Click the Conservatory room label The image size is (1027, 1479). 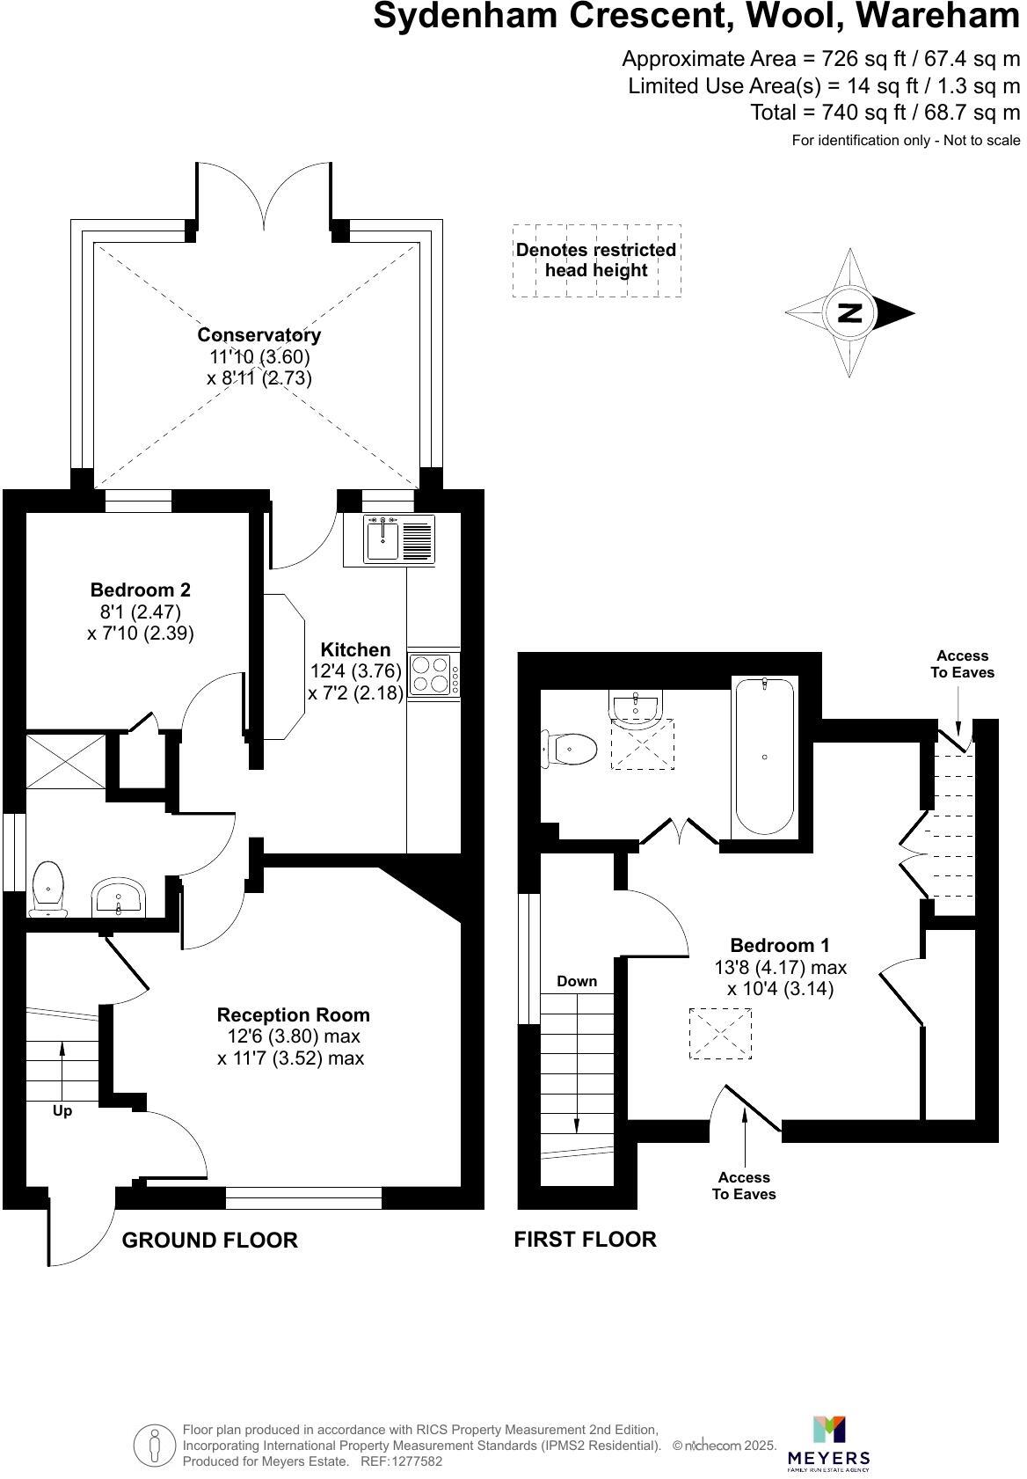point(259,334)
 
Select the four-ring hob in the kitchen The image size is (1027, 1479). point(431,675)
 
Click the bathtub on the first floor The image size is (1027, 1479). point(764,757)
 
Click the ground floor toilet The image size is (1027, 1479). point(47,890)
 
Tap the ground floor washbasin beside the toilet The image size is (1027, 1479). point(119,897)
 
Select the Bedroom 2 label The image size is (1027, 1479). point(141,589)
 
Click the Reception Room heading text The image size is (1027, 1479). point(293,1014)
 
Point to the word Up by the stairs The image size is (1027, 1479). point(62,1110)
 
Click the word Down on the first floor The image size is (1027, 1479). point(577,981)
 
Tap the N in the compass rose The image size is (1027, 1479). point(849,312)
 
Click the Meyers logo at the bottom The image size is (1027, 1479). point(828,1443)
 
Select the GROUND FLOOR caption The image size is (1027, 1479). point(209,1240)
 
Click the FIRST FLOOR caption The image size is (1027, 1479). point(585,1239)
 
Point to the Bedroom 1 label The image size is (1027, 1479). point(780,945)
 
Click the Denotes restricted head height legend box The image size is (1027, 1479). point(596,260)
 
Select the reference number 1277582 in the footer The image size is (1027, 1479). point(413,1461)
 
